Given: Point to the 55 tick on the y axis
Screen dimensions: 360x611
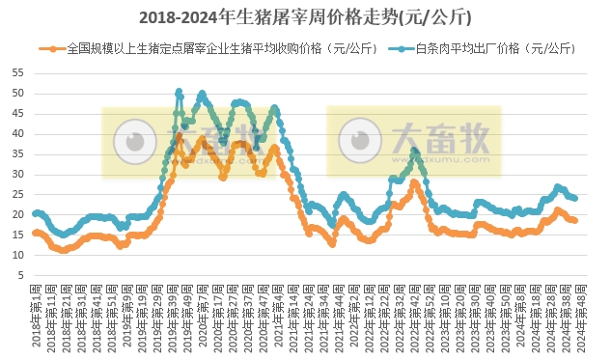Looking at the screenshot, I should [18, 73].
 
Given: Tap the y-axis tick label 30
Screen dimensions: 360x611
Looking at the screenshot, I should [18, 175].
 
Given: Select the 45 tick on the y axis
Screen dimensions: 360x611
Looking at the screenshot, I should [18, 114].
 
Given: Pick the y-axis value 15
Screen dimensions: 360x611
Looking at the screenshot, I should [18, 235].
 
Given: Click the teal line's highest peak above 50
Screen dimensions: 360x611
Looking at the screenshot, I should [179, 92].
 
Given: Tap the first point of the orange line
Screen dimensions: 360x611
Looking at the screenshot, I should [35, 233].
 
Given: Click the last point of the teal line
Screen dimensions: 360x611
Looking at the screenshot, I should [575, 199].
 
